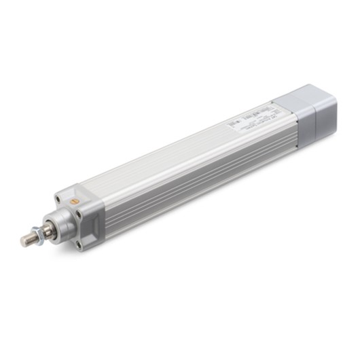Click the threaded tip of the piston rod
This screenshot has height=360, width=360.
click(x=25, y=240)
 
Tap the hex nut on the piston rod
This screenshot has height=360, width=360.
click(x=39, y=234)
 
